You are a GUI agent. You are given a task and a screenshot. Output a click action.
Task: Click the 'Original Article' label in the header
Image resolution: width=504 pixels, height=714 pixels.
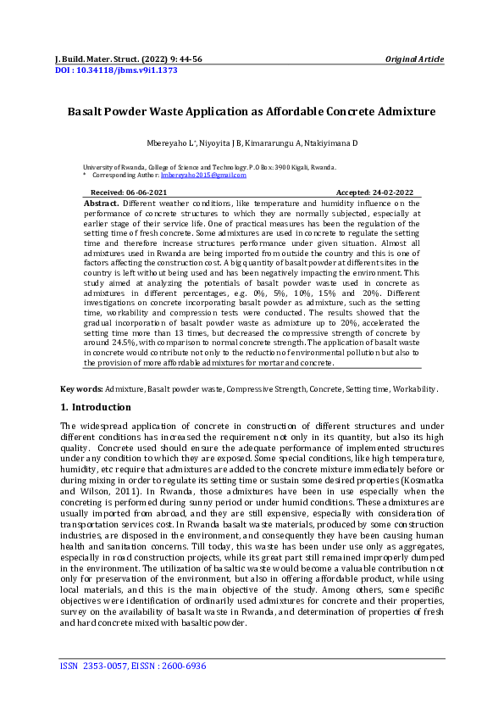[x=414, y=59]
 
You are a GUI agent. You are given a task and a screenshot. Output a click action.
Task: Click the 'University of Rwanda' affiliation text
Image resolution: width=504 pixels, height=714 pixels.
[x=114, y=168]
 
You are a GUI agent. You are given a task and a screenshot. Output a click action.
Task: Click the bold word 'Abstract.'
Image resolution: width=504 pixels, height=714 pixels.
[x=102, y=204]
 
